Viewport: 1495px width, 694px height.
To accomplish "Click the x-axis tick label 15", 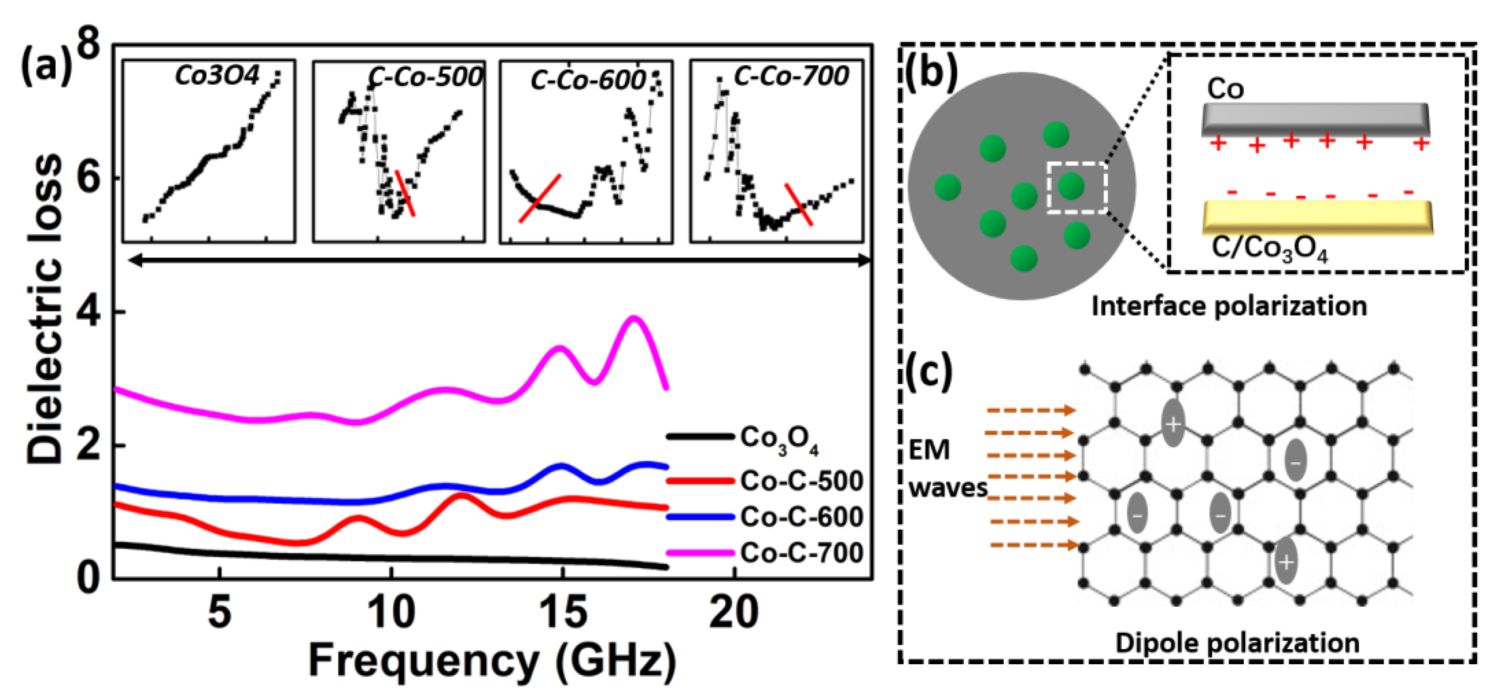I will point(563,613).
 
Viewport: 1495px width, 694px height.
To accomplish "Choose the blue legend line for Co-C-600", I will point(700,517).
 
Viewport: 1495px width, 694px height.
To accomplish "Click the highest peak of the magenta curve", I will point(634,318).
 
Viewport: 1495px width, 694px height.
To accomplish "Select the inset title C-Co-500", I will point(425,77).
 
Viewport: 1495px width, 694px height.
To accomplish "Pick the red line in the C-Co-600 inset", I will point(540,198).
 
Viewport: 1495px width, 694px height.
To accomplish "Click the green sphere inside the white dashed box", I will point(1071,186).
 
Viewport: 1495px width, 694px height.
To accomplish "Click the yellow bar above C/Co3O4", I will point(1318,217).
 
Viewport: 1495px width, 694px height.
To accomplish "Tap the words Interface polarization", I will point(1229,306).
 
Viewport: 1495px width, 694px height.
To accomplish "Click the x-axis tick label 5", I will point(220,613).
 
